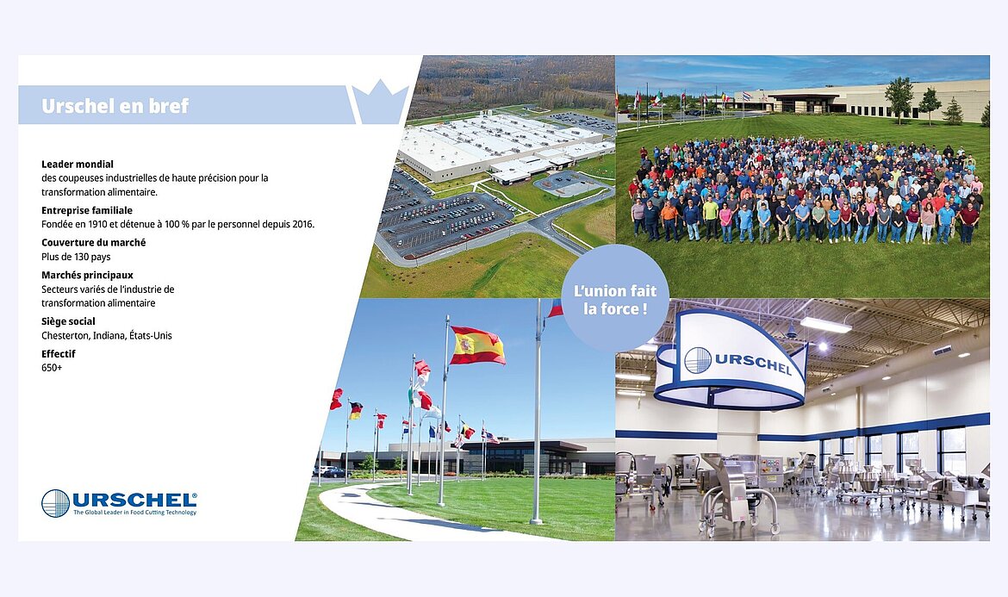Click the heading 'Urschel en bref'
click(115, 105)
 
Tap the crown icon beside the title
click(381, 103)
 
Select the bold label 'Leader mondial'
click(78, 164)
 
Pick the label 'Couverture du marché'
click(94, 242)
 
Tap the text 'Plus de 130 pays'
click(76, 257)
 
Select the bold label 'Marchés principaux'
click(87, 275)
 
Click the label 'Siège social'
click(68, 321)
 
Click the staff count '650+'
click(52, 368)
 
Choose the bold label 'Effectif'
click(59, 353)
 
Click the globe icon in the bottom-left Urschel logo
click(55, 503)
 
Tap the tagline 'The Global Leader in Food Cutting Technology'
click(135, 513)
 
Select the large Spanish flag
click(477, 345)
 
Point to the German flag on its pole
click(356, 410)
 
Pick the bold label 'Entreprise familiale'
click(87, 210)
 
